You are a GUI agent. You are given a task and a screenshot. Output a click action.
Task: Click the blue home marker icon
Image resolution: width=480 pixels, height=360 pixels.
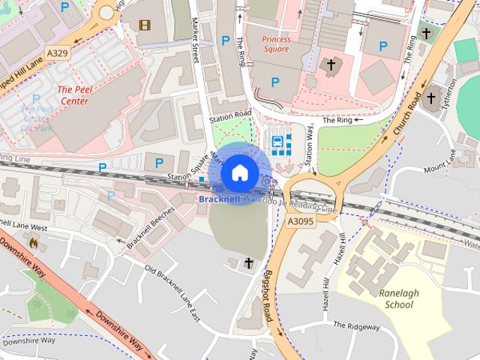click(238, 172)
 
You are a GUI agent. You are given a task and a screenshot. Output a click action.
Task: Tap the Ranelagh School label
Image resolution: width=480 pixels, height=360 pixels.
click(398, 299)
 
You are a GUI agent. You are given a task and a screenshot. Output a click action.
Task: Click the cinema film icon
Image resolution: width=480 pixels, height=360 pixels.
click(144, 25)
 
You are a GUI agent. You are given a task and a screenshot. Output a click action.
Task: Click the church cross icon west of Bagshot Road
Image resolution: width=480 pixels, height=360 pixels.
click(249, 262)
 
